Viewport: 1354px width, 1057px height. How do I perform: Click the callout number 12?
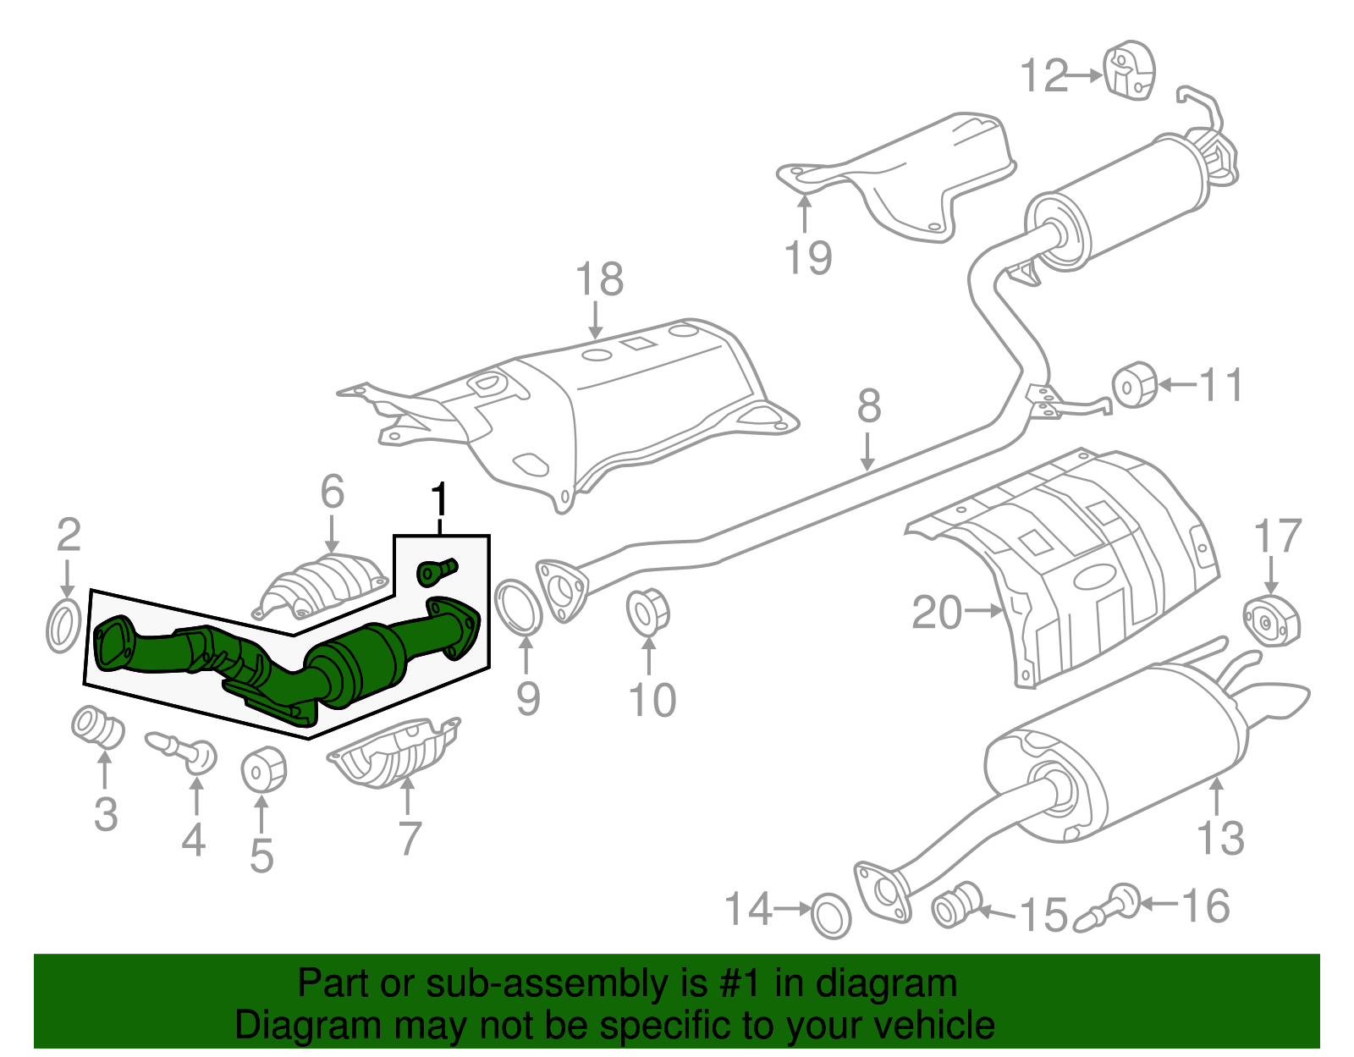pos(1044,76)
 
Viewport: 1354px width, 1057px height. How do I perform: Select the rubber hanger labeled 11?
pos(1134,385)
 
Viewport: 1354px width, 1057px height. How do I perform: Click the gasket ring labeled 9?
pos(518,606)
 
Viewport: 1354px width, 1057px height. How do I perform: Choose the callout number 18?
pos(599,278)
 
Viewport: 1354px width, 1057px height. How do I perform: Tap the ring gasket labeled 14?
pos(831,915)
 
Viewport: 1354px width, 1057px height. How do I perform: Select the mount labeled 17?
pos(1270,621)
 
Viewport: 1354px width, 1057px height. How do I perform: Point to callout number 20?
pos(937,612)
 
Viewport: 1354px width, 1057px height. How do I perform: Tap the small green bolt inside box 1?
pos(437,570)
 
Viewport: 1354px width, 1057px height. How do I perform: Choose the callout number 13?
pos(1220,838)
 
